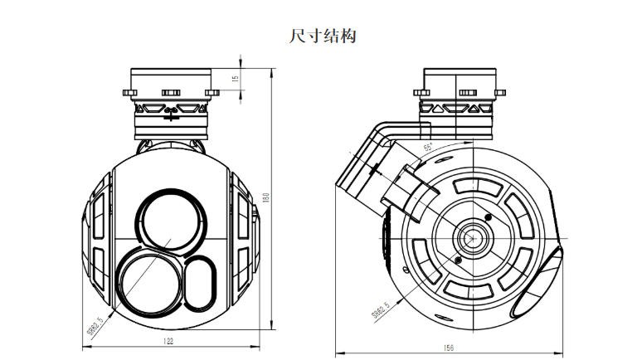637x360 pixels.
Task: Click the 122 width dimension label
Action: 168,341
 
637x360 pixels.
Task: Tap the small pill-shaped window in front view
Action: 199,280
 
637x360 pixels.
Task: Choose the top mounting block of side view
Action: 460,83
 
